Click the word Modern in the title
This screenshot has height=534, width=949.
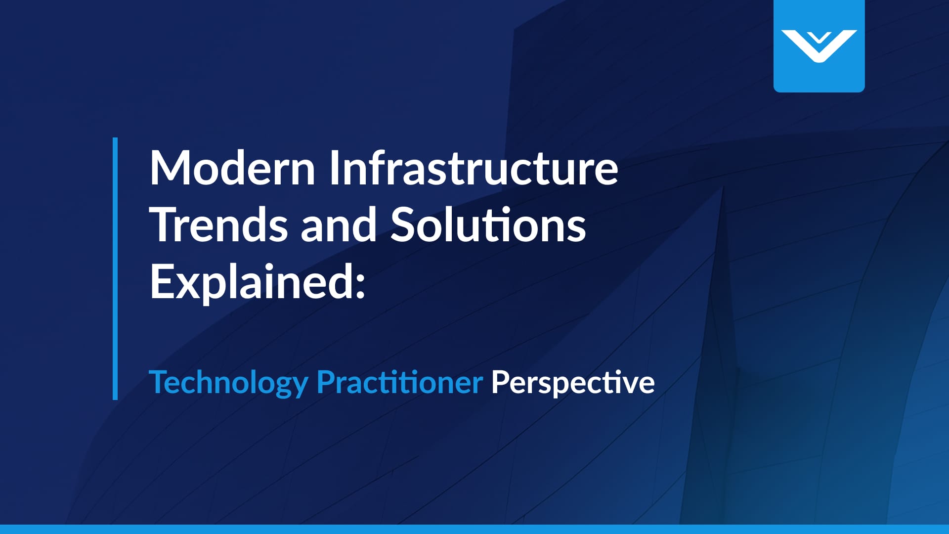pyautogui.click(x=232, y=168)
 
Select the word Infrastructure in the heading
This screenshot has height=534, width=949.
pyautogui.click(x=474, y=168)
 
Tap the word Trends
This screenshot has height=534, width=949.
pyautogui.click(x=218, y=225)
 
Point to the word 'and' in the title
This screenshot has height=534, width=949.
pyautogui.click(x=339, y=225)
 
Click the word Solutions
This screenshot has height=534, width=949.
pyautogui.click(x=488, y=225)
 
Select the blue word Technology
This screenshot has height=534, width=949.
pyautogui.click(x=228, y=383)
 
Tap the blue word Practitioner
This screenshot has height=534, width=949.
pyautogui.click(x=399, y=382)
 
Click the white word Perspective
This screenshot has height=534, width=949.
pyautogui.click(x=573, y=383)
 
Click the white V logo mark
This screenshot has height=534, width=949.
pyautogui.click(x=819, y=46)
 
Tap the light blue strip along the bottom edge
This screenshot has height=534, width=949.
pyautogui.click(x=474, y=529)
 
